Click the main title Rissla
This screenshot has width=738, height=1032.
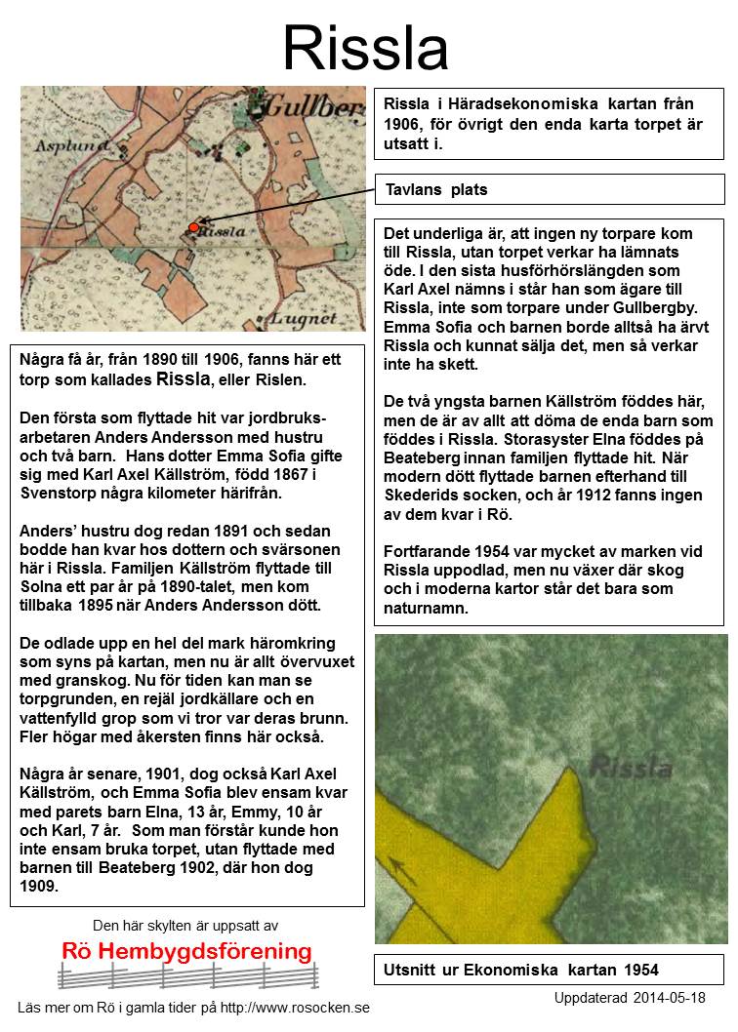point(366,48)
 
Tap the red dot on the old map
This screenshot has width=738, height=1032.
point(193,227)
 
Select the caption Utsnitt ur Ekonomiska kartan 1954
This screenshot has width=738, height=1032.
point(522,970)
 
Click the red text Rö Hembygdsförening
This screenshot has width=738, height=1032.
point(186,951)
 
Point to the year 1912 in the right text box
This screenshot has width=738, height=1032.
point(616,495)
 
